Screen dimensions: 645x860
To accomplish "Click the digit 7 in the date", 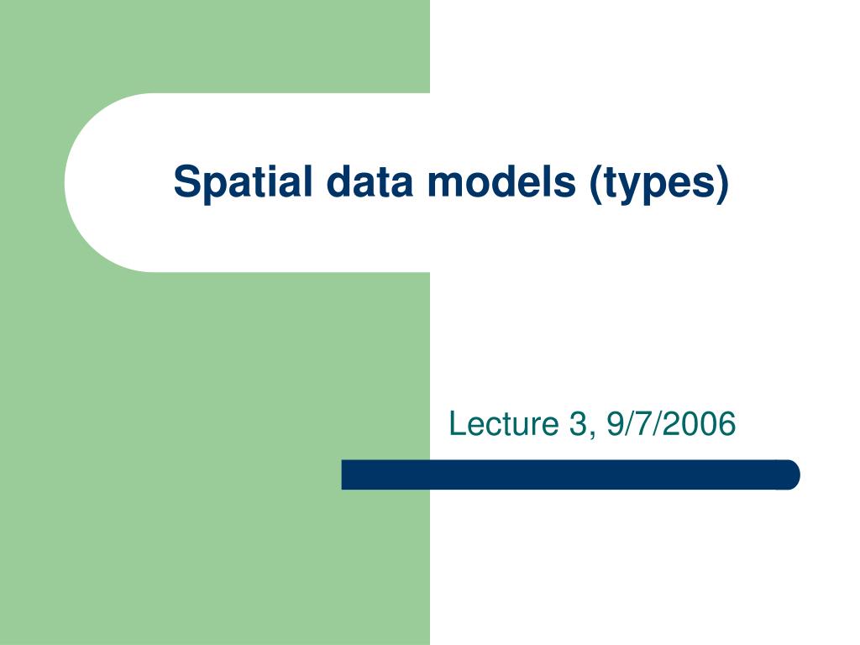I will [x=644, y=424].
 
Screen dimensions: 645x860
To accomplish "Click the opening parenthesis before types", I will [x=595, y=182].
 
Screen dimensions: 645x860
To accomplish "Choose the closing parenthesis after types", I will [x=721, y=182].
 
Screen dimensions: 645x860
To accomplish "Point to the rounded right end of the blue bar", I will [x=790, y=475].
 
